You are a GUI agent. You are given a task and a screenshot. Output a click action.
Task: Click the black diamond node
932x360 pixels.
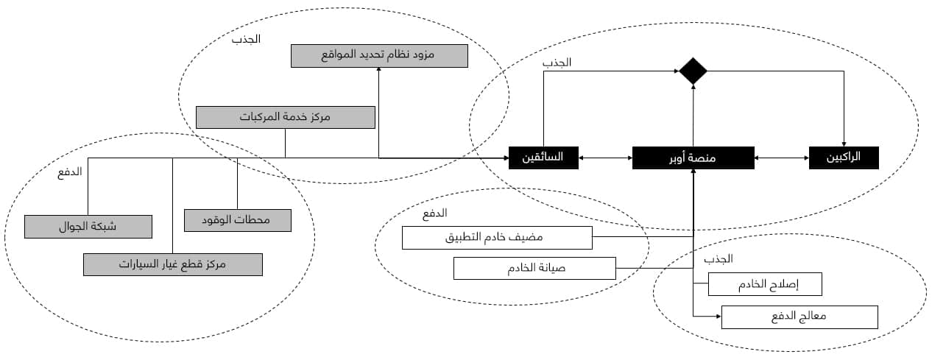[x=693, y=71]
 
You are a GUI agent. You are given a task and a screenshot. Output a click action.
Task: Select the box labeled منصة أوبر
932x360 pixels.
[x=693, y=158]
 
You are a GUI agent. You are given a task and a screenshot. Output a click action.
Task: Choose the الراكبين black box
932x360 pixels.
[x=844, y=158]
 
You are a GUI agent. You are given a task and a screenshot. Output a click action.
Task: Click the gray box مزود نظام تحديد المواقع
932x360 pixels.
[x=379, y=56]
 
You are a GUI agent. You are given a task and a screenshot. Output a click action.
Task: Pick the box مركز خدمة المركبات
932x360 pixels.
[x=286, y=118]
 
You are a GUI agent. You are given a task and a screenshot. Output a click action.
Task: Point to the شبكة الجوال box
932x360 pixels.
[x=88, y=227]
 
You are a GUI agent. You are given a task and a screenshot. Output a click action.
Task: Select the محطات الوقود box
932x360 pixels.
[x=237, y=220]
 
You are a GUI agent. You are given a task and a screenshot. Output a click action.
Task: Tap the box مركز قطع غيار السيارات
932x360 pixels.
[x=172, y=264]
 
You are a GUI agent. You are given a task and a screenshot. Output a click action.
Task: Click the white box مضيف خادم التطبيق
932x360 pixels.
[x=497, y=238]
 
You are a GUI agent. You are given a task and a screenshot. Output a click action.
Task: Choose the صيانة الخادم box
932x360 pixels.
[x=534, y=268]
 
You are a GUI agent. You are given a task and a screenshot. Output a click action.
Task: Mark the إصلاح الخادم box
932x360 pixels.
[x=764, y=284]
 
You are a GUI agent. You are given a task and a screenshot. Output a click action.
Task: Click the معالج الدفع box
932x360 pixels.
[x=799, y=317]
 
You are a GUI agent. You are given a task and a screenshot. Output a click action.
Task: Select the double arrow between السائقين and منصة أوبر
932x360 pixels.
[x=604, y=158]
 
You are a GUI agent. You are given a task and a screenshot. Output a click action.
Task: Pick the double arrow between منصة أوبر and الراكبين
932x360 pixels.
[x=781, y=158]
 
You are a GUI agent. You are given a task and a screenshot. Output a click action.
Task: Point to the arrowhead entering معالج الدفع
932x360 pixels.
[x=717, y=317]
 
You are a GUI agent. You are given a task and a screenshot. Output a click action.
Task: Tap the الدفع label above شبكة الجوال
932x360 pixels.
[x=71, y=172]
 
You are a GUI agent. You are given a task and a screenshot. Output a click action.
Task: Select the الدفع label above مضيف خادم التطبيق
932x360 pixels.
[x=434, y=213]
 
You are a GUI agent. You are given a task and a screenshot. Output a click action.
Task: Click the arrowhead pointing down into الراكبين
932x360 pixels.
[x=844, y=144]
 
